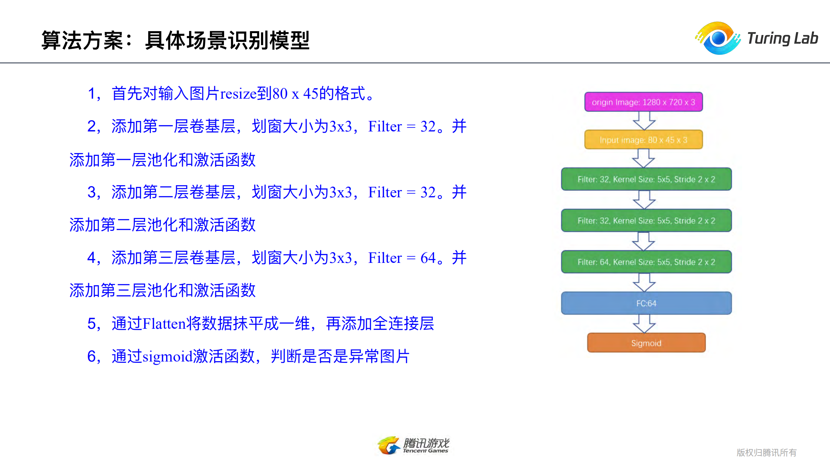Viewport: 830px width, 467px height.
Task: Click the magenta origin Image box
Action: pyautogui.click(x=643, y=102)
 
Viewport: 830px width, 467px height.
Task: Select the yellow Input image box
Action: pyautogui.click(x=643, y=140)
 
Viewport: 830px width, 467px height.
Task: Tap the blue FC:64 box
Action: pyautogui.click(x=646, y=303)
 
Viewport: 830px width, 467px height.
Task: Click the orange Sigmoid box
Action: pyautogui.click(x=646, y=343)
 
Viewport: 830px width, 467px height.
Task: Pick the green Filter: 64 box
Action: pyautogui.click(x=646, y=262)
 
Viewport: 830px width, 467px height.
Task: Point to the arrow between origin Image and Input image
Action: pyautogui.click(x=644, y=121)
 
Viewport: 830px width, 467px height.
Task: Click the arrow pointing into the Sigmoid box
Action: pyautogui.click(x=644, y=324)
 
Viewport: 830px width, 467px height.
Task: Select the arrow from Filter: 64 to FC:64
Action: pyautogui.click(x=644, y=282)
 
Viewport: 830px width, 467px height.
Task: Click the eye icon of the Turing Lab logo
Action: pyautogui.click(x=718, y=38)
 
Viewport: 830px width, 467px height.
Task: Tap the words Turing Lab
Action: pyautogui.click(x=782, y=38)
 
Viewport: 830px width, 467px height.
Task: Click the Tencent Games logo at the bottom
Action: pyautogui.click(x=414, y=445)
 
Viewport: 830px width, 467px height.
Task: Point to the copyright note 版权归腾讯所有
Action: pyautogui.click(x=766, y=452)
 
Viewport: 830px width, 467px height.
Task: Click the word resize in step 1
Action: pyautogui.click(x=238, y=94)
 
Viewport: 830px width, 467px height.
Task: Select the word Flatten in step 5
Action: pyautogui.click(x=164, y=324)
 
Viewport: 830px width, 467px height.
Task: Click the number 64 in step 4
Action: pyautogui.click(x=428, y=258)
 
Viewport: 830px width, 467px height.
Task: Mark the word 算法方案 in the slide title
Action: pyautogui.click(x=82, y=41)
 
